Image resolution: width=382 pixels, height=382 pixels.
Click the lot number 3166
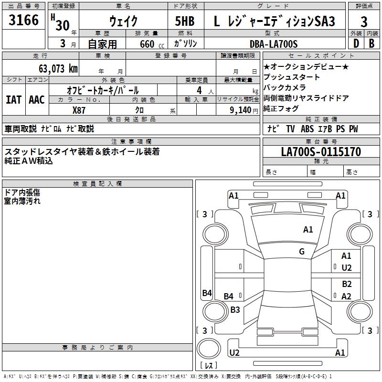(24, 20)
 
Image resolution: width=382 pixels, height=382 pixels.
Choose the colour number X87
(79, 110)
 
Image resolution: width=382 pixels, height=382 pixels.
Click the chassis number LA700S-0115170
(321, 152)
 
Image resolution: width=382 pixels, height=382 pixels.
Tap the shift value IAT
(13, 100)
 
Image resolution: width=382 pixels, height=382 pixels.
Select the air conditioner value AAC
(37, 100)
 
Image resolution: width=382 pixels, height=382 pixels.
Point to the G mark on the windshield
(302, 251)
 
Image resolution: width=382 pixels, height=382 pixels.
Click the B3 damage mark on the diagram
(235, 309)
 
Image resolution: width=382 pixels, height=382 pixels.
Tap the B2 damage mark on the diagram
(347, 284)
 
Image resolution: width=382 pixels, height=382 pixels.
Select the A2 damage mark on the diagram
(347, 296)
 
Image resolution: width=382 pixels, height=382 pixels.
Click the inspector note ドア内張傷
(22, 192)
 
